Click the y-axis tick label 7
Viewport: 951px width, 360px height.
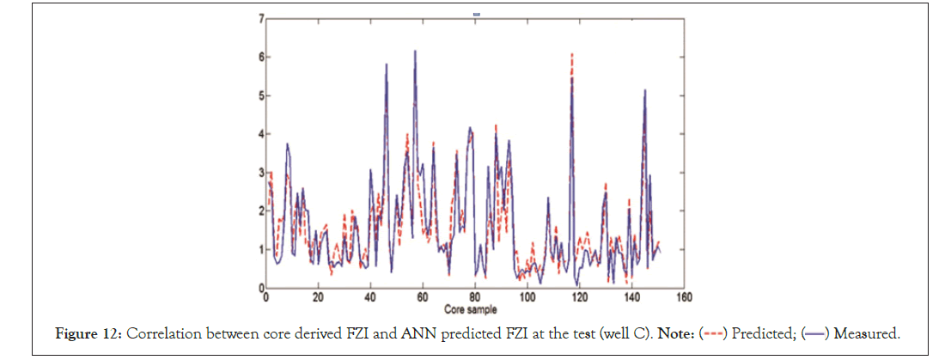[x=260, y=18]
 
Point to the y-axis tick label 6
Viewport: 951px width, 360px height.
[x=260, y=57]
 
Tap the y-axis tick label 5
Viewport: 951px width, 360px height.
[x=260, y=95]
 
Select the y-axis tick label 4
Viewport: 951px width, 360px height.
[x=260, y=134]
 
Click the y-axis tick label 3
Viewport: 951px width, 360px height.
[x=260, y=173]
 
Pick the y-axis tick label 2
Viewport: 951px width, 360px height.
[x=260, y=211]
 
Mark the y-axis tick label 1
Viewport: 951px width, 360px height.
[x=260, y=249]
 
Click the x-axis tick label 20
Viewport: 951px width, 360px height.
[x=318, y=298]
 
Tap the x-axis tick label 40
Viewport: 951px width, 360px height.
[x=370, y=298]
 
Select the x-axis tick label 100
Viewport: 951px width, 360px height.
[x=527, y=298]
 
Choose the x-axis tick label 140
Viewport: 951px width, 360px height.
[x=631, y=298]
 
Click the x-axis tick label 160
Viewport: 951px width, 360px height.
[x=684, y=298]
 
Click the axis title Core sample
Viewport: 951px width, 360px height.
[x=471, y=308]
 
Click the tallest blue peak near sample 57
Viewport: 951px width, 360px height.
[x=415, y=51]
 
